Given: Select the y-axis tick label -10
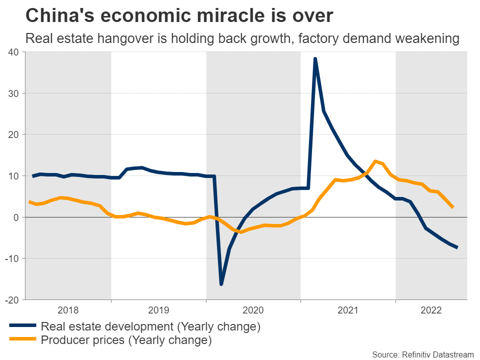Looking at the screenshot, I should coord(11,258).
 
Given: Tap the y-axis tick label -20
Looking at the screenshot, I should coord(11,299).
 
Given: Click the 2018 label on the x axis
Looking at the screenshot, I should coord(68,310).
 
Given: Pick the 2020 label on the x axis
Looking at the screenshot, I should coord(253,310).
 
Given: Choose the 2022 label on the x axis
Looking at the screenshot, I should coord(431,310).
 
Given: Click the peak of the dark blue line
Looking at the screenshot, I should coord(315,59).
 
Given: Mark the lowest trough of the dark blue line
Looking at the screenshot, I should coord(221,284).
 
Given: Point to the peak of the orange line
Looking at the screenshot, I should coord(375,161).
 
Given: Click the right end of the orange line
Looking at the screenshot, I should coord(452,206).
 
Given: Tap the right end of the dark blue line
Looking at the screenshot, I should coord(457,247).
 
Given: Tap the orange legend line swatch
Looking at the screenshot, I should coord(22,340).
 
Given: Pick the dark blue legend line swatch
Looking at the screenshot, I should coord(22,326).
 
